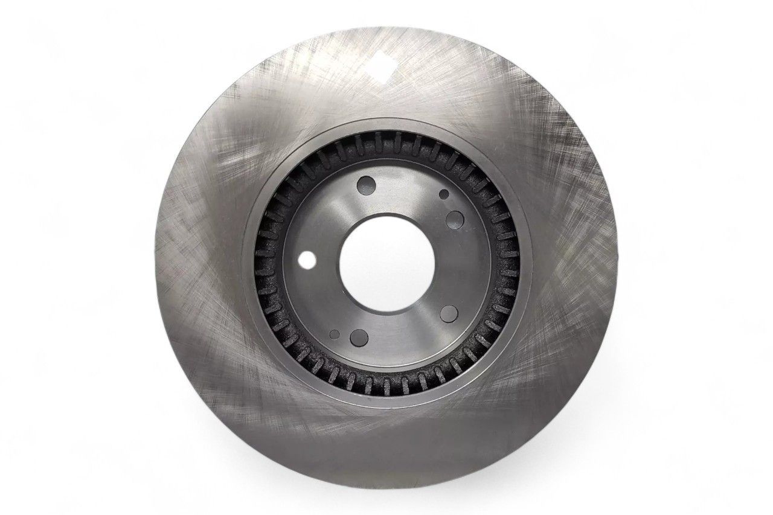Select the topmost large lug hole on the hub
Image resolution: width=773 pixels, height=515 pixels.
coord(365,185)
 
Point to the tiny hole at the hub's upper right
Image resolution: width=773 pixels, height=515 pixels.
coord(444,194)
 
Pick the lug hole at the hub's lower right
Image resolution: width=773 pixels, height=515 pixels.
coord(448,313)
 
